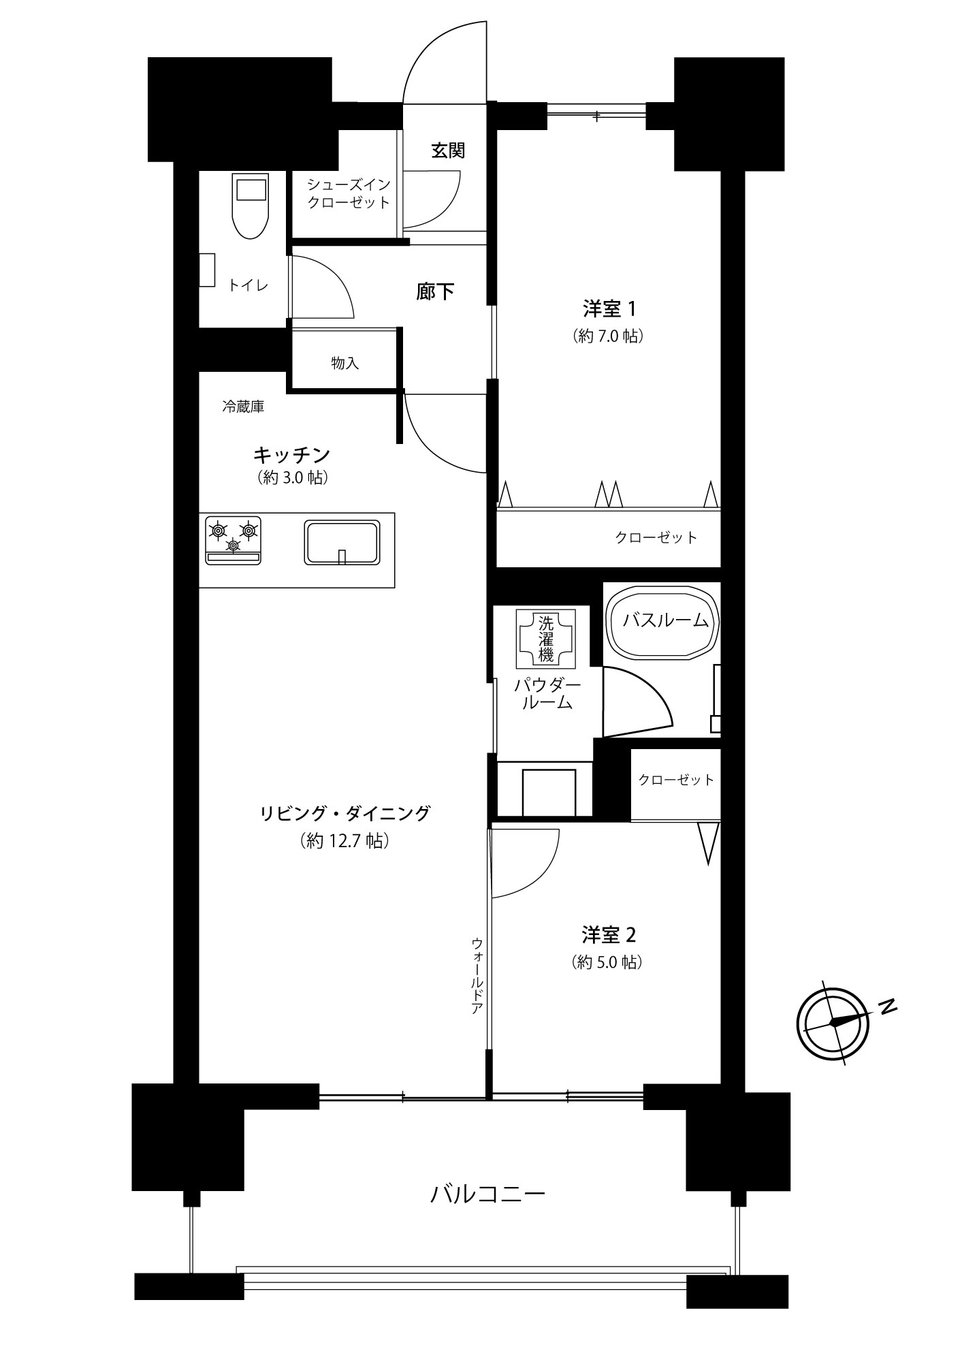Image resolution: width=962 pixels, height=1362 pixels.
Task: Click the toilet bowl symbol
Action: (251, 205)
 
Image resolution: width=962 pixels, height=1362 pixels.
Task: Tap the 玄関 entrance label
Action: (448, 151)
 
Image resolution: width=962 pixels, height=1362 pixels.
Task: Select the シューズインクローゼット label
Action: (349, 193)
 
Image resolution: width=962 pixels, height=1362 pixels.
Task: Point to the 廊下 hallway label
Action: (436, 292)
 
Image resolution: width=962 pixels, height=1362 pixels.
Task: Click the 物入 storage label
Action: (345, 363)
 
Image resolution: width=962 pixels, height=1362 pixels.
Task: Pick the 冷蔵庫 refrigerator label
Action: (243, 407)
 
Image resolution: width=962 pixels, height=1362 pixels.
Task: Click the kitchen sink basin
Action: (342, 543)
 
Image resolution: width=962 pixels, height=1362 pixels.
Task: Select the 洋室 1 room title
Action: (609, 309)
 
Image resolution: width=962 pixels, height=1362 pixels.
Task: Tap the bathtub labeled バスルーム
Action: (662, 622)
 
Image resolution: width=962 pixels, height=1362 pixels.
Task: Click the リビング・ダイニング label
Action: (345, 813)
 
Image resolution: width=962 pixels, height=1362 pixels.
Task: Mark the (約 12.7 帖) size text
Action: (344, 841)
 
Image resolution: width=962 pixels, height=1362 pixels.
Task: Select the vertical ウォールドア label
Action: (477, 976)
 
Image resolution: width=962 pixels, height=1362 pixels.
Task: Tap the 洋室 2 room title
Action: (609, 935)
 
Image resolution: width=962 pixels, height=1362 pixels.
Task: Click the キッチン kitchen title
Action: (292, 454)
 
